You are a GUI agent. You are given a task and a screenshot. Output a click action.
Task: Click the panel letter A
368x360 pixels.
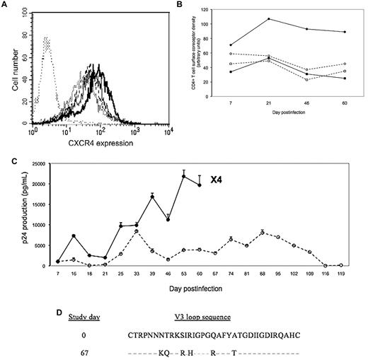(6, 5)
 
